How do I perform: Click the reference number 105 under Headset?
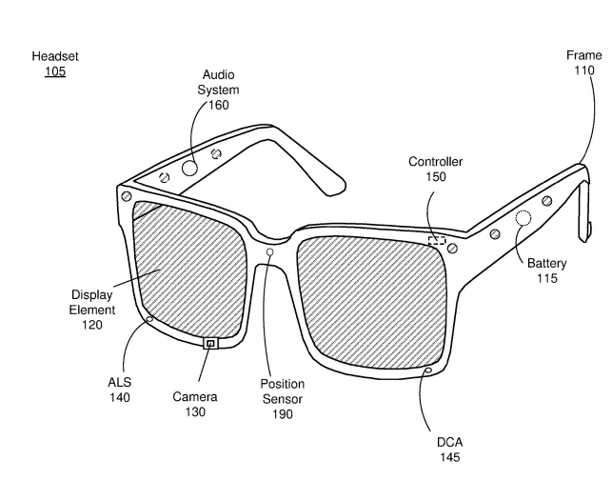coord(55,71)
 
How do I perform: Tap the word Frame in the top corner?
coord(583,55)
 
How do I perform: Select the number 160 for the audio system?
coord(219,105)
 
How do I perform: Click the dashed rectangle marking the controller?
coord(437,240)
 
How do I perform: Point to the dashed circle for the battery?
coord(523,218)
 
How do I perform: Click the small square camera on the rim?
coord(210,344)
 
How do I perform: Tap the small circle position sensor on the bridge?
coord(269,251)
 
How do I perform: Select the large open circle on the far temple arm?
coord(189,169)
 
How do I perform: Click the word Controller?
coord(436,161)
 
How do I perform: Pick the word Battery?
coord(546,263)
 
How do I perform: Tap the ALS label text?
coord(119,382)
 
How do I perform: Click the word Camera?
coord(195,397)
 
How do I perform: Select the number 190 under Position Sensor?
coord(282,414)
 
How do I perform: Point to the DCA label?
coord(449,442)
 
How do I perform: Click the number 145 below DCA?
coord(449,457)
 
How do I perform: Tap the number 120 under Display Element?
coord(92,325)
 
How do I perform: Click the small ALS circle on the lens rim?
coord(149,320)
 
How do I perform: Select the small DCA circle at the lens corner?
coord(429,370)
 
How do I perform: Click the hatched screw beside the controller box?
coord(453,248)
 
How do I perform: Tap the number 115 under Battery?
coord(546,278)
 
